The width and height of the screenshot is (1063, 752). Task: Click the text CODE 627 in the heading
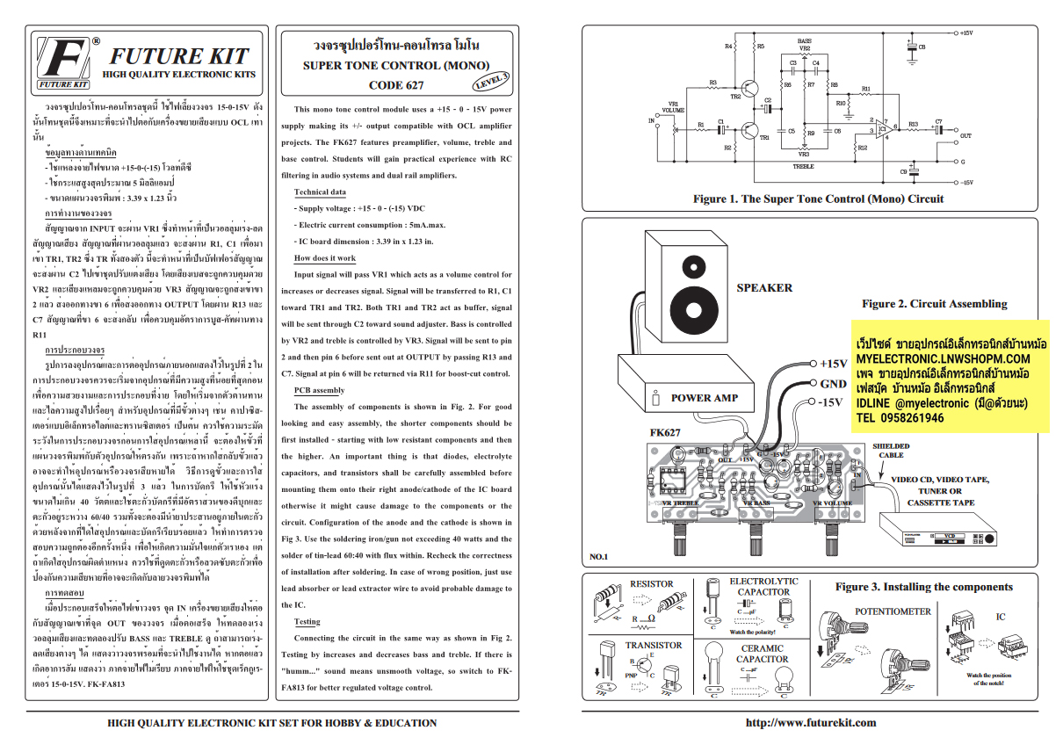pyautogui.click(x=395, y=85)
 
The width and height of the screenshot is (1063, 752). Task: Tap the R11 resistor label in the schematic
pyautogui.click(x=865, y=90)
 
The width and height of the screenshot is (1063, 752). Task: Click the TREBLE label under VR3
pyautogui.click(x=803, y=165)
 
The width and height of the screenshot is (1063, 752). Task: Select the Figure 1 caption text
pyautogui.click(x=818, y=199)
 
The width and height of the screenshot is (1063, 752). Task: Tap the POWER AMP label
pyautogui.click(x=704, y=398)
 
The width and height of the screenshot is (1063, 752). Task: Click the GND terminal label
pyautogui.click(x=833, y=383)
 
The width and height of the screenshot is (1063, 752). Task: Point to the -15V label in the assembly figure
pyautogui.click(x=830, y=402)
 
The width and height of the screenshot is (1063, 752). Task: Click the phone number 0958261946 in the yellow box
pyautogui.click(x=900, y=418)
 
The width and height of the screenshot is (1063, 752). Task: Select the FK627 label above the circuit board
pyautogui.click(x=665, y=433)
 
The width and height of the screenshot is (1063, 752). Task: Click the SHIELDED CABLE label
pyautogui.click(x=891, y=451)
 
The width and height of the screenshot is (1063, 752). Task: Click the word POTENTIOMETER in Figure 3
pyautogui.click(x=893, y=611)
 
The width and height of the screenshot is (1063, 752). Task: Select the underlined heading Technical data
pyautogui.click(x=320, y=192)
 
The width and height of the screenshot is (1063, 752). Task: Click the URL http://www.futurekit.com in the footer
pyautogui.click(x=810, y=723)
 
